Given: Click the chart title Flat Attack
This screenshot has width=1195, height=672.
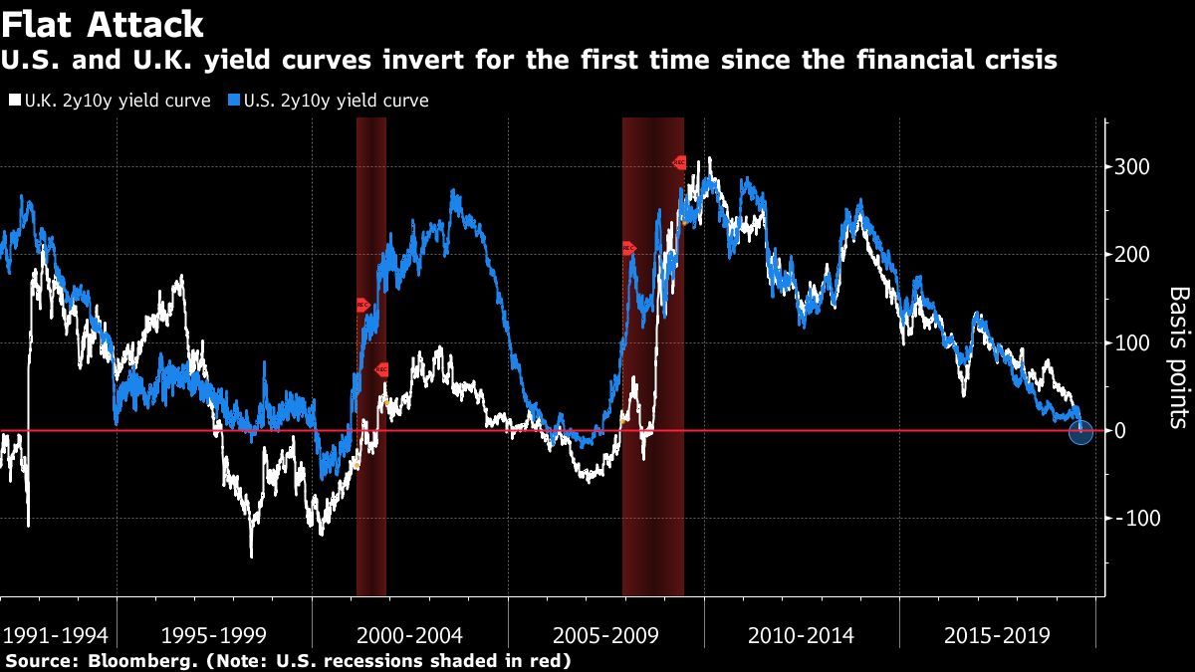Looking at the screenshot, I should tap(104, 24).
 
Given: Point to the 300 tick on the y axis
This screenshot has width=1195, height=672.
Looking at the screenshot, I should tap(1131, 166).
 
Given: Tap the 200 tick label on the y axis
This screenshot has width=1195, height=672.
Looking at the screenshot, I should tap(1131, 255).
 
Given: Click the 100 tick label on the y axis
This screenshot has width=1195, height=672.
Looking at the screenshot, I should tap(1131, 343).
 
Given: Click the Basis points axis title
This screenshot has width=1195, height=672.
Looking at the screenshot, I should tap(1178, 357).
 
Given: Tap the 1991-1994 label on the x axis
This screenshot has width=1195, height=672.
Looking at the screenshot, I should tap(56, 635).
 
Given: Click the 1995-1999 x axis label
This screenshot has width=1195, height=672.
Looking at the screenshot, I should tap(213, 635).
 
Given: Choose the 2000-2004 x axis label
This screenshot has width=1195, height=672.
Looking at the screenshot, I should tap(408, 635).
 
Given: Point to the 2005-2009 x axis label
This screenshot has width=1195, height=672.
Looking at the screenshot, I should tap(604, 635).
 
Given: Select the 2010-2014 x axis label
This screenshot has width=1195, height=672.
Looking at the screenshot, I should tap(800, 635).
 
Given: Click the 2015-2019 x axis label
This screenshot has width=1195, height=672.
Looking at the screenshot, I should tap(996, 635).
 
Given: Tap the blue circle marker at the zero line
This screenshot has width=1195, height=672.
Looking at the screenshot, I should tap(1080, 431).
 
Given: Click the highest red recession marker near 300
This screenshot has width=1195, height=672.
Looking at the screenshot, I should tap(679, 162).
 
